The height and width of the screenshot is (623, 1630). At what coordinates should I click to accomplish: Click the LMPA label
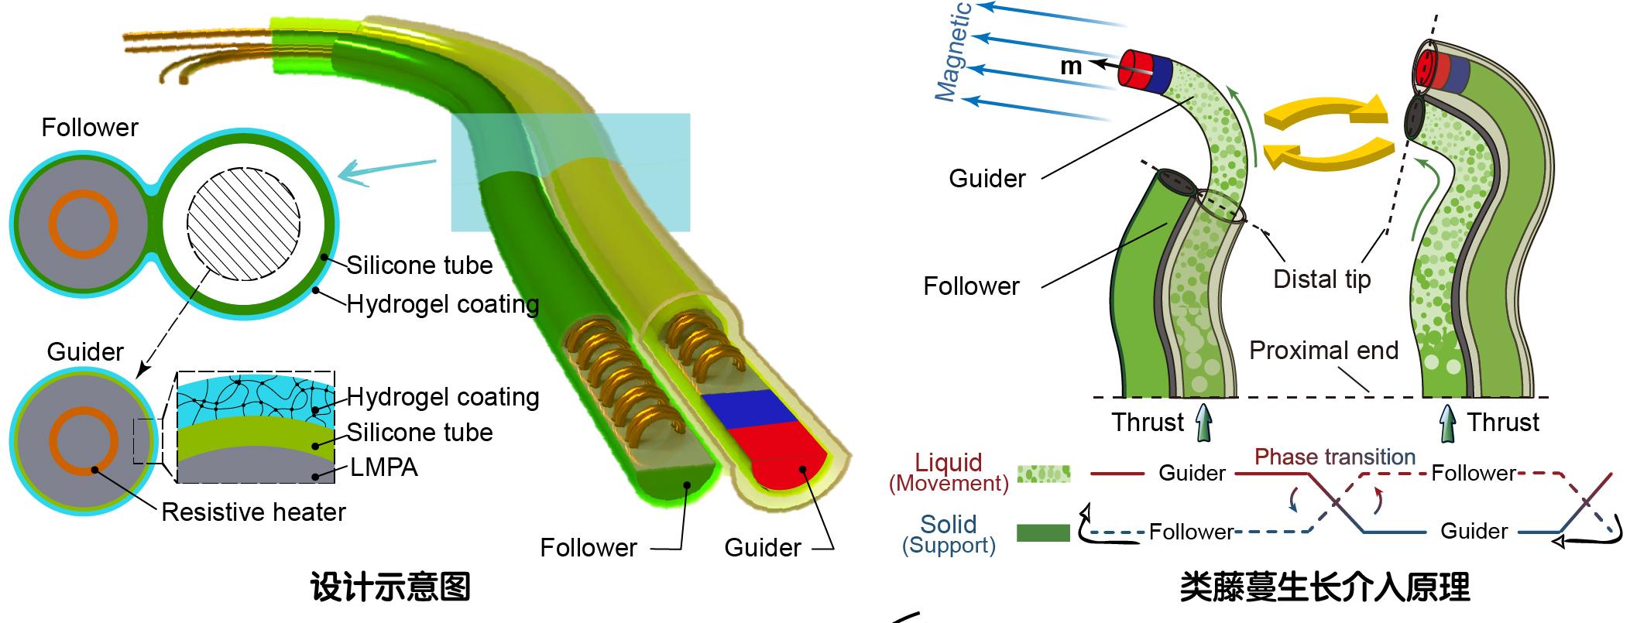tap(384, 467)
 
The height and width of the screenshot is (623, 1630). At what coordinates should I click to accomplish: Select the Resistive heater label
tap(253, 512)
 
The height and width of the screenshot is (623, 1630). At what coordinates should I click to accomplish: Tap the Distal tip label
tap(1322, 279)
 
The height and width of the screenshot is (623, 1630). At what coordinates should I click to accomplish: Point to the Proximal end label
tap(1323, 350)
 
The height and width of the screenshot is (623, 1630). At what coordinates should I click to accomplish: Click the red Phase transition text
tap(1335, 457)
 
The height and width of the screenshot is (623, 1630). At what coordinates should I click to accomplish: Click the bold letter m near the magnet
tap(1071, 67)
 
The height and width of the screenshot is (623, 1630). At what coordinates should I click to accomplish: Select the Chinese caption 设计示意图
tap(390, 587)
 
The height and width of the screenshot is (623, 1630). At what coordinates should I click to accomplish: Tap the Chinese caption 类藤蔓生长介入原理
tap(1324, 587)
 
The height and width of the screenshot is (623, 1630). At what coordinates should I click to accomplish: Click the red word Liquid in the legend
tap(949, 463)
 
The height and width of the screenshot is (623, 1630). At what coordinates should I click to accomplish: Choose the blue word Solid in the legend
tap(949, 524)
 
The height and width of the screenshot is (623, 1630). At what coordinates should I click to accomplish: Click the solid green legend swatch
tap(1043, 532)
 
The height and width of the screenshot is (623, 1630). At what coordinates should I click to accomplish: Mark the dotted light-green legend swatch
tap(1043, 474)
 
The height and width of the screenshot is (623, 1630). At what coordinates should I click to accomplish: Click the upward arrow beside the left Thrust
tap(1201, 424)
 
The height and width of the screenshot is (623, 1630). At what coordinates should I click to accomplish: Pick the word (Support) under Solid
tap(949, 545)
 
